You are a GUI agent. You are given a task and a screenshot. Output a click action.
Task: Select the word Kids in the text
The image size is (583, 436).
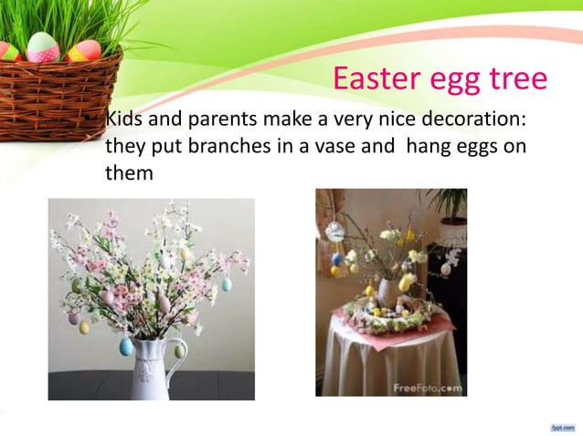tap(125, 120)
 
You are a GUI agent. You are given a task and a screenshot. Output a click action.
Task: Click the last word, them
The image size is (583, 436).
tap(128, 171)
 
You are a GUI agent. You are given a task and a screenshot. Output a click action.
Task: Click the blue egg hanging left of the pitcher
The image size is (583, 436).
tap(126, 346)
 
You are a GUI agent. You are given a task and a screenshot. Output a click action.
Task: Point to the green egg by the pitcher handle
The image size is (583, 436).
tap(180, 349)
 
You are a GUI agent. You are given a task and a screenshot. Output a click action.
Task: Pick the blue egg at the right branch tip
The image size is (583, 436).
tap(227, 285)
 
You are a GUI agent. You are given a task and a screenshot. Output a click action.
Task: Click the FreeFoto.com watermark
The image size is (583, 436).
tap(426, 388)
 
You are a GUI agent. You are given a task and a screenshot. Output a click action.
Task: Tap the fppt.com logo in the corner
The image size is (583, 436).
tap(560, 426)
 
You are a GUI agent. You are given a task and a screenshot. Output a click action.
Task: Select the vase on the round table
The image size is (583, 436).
tap(387, 293)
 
